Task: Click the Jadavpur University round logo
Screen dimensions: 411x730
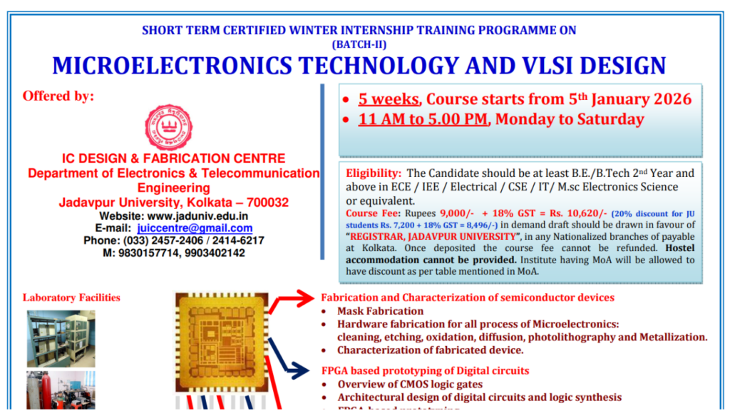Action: coord(169,128)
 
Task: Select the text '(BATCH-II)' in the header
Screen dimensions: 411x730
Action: coord(359,44)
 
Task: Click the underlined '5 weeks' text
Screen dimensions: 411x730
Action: coord(389,98)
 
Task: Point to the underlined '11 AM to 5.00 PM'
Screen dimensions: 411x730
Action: coord(423,119)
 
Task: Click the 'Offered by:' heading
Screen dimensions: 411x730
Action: coord(58,96)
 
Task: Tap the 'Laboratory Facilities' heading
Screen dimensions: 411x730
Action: coord(71,298)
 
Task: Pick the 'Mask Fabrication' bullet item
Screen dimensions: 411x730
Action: coord(380,311)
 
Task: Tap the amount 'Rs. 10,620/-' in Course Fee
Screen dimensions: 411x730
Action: coord(572,213)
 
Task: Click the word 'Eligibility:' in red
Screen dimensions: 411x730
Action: coord(374,173)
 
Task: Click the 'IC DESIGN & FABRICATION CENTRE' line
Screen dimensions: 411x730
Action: coord(173,158)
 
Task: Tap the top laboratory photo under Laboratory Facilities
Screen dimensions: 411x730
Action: coord(61,338)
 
